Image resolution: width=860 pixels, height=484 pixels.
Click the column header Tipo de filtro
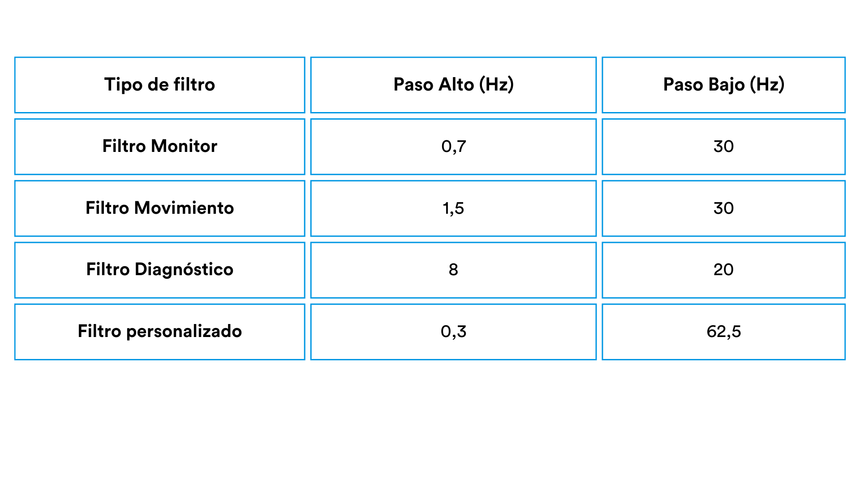[159, 85]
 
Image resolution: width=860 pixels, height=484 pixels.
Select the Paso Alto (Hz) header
[453, 85]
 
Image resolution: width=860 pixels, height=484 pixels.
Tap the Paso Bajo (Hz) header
[723, 85]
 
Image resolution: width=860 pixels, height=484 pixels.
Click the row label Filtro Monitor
[159, 146]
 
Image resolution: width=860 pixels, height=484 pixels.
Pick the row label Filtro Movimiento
[159, 208]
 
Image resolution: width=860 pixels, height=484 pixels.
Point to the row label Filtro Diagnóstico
[159, 270]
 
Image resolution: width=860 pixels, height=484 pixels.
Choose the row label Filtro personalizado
[159, 332]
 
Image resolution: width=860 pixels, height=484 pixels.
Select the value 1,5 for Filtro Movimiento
[453, 208]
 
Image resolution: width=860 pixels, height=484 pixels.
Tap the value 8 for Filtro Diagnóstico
[453, 270]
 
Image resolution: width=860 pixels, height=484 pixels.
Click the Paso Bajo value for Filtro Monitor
[723, 147]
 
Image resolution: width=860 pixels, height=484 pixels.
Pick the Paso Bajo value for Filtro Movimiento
[723, 208]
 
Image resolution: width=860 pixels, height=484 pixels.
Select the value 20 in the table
[723, 270]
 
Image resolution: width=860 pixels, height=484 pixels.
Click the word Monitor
[184, 146]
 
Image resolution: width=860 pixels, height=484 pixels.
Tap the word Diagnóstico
[184, 270]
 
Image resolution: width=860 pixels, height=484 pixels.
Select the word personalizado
[184, 332]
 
